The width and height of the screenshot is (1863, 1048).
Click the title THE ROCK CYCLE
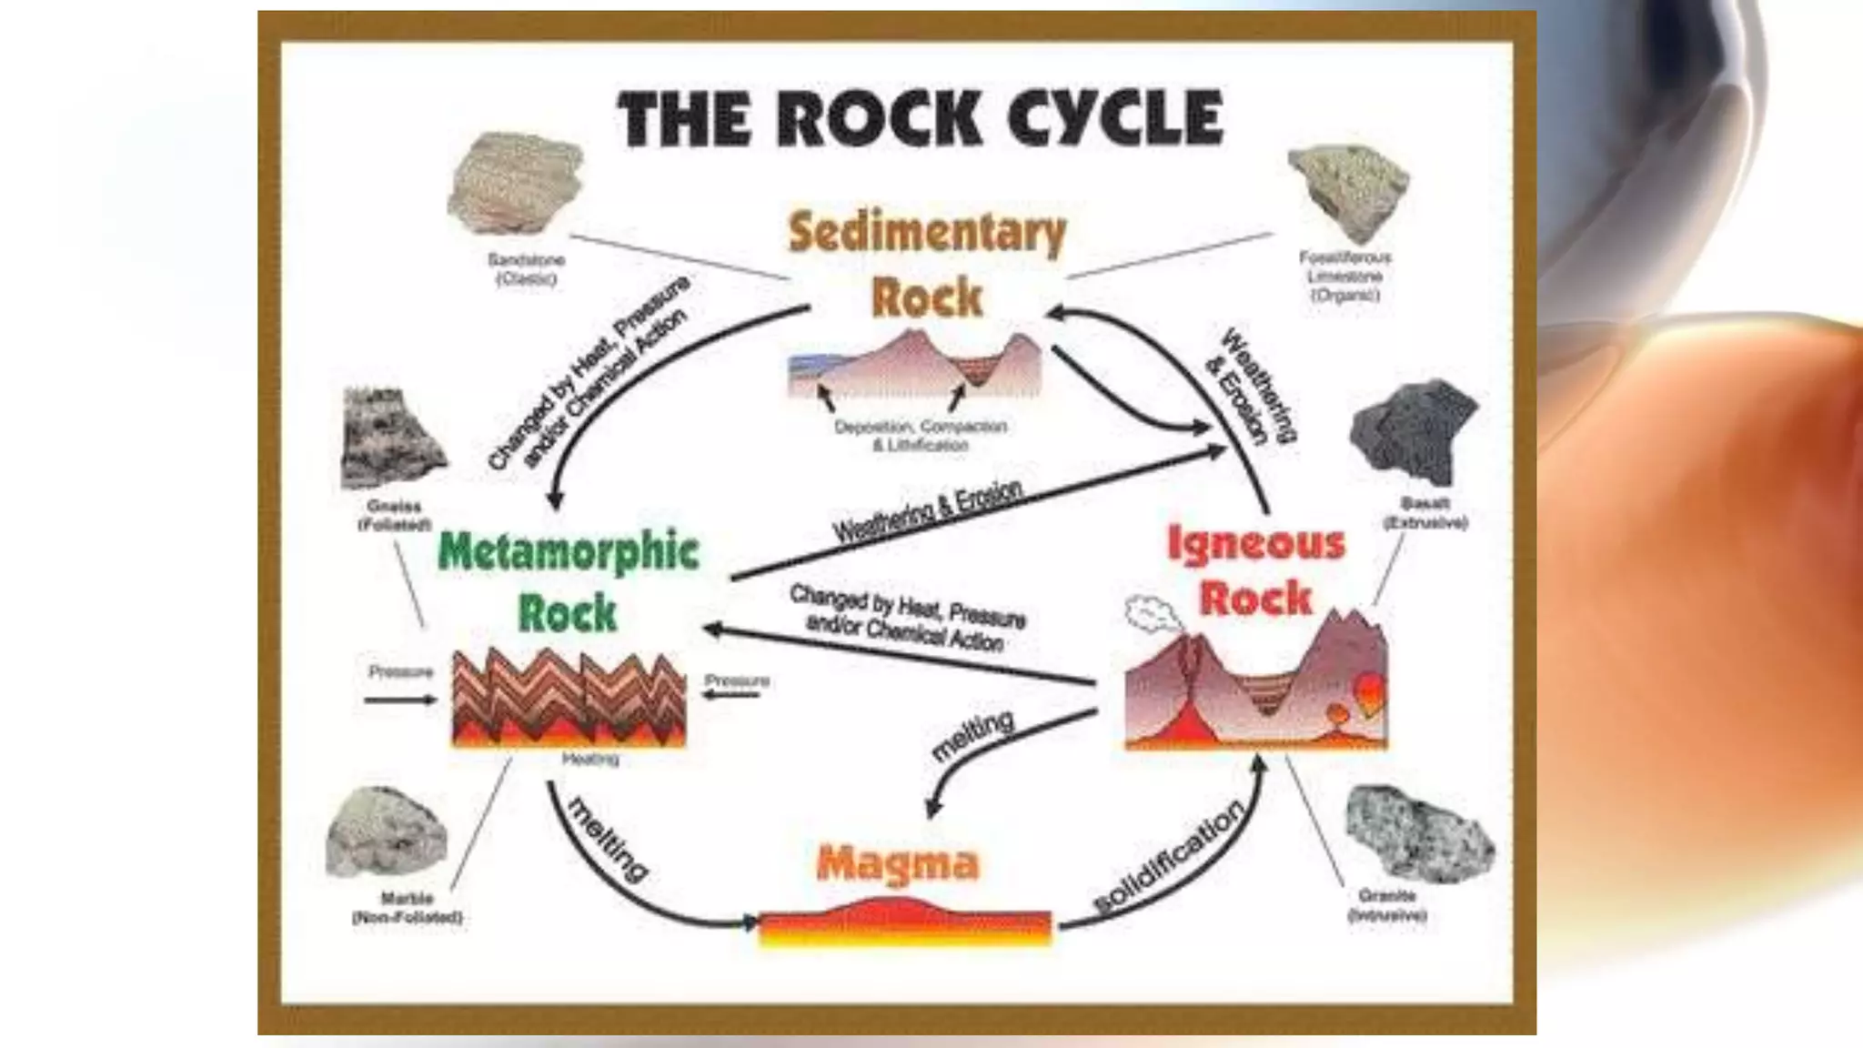click(921, 118)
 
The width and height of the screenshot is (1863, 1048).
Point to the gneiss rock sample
click(391, 438)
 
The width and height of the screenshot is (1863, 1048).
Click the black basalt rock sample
click(1415, 433)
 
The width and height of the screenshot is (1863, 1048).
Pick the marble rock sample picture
click(388, 831)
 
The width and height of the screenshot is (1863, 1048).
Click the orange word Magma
click(898, 862)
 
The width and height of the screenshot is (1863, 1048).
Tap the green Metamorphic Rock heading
click(569, 580)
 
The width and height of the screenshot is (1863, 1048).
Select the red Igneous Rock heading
click(1256, 570)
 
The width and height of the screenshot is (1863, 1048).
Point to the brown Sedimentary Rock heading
click(927, 264)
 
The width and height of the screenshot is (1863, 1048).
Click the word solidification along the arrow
click(1168, 856)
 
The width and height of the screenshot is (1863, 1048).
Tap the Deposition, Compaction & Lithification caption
click(921, 436)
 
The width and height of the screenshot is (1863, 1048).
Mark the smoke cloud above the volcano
click(1150, 614)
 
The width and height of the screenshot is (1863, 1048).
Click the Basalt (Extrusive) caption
click(1425, 513)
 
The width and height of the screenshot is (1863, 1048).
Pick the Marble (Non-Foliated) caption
click(408, 908)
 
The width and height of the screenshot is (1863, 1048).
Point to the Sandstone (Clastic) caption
click(526, 269)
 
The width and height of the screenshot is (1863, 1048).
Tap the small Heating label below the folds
click(590, 759)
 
